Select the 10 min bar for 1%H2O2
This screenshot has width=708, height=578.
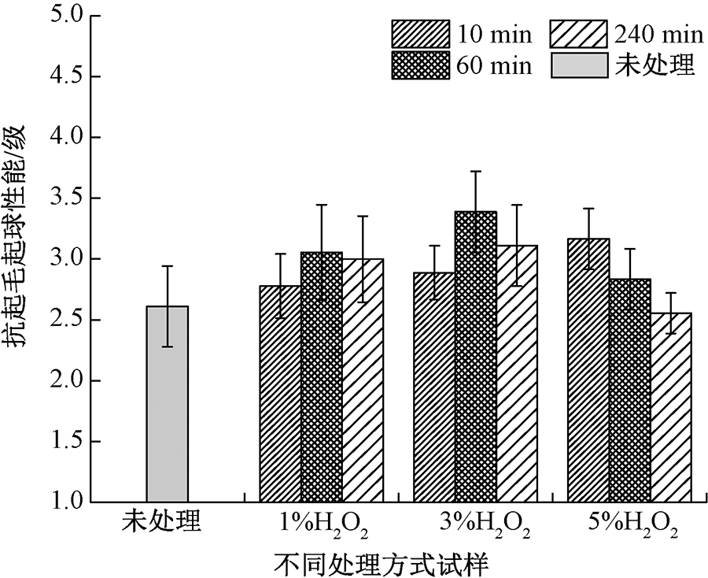(280, 394)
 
